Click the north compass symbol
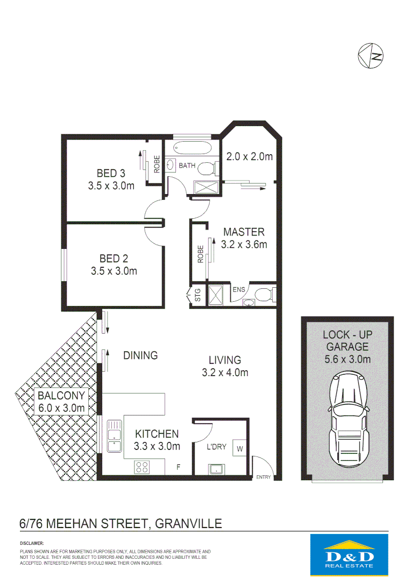[371, 54]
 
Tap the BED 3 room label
[111, 174]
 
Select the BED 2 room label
[114, 259]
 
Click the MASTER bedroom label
[244, 232]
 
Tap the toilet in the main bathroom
[207, 169]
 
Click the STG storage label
[197, 295]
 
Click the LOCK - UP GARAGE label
[347, 341]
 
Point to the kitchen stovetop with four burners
[142, 467]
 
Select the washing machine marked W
[238, 448]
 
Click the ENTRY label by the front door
[264, 477]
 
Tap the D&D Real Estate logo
[349, 555]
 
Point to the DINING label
[140, 355]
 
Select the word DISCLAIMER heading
[32, 544]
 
